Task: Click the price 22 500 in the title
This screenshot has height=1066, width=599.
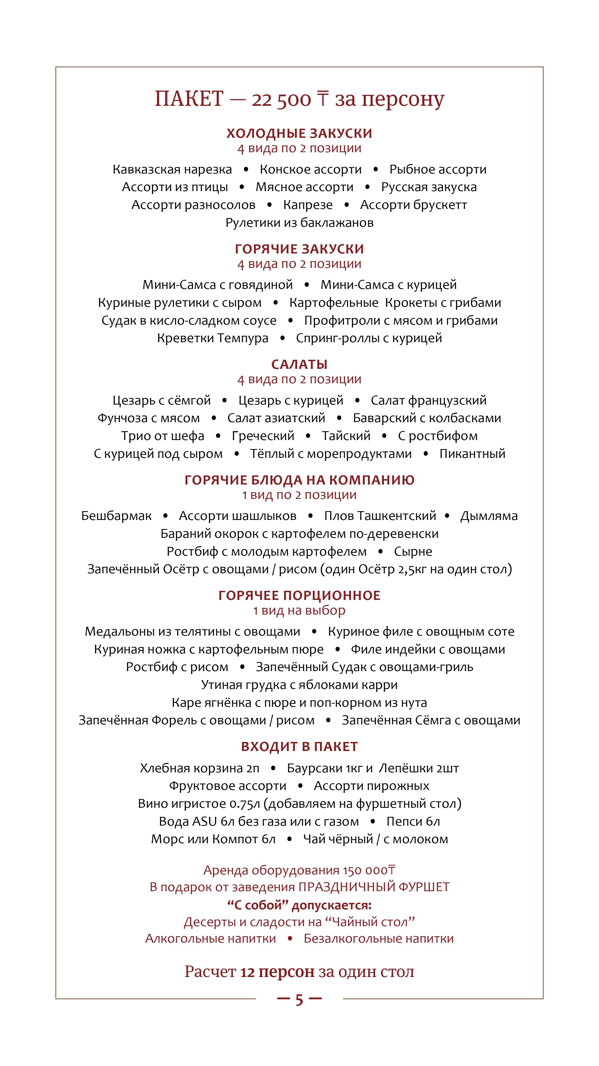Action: point(281,100)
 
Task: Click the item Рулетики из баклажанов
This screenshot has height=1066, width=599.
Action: point(299,223)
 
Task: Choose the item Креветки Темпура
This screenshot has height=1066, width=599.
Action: point(212,338)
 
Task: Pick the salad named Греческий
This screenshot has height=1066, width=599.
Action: point(263,436)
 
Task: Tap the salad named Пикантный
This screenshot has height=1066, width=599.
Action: point(472,454)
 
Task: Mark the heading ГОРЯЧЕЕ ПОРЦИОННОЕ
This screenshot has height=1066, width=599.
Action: point(299,595)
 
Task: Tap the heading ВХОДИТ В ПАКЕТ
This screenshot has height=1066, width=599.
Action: point(299,746)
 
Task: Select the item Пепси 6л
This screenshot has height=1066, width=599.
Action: point(413,821)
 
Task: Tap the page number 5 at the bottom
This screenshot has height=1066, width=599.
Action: point(299,1000)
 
